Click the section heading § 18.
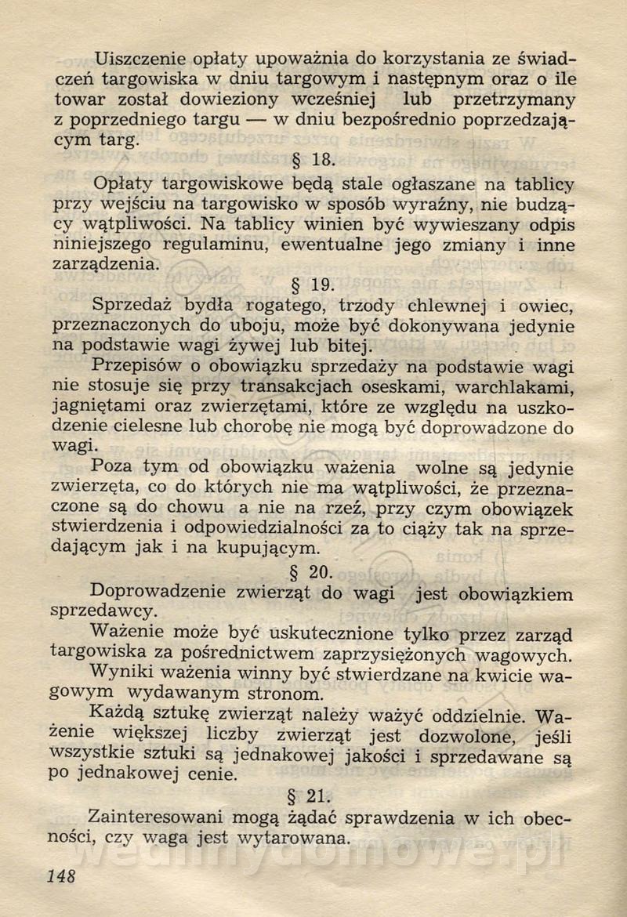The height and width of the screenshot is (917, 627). coord(313,161)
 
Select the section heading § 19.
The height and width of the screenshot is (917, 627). coord(313,285)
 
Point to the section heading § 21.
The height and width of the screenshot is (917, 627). coord(311,797)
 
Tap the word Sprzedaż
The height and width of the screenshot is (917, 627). coord(132,305)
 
